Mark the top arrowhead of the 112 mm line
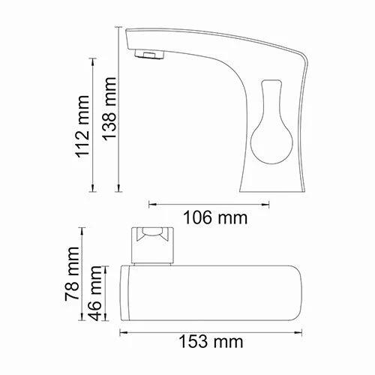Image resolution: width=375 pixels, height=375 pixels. pyautogui.click(x=94, y=57)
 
